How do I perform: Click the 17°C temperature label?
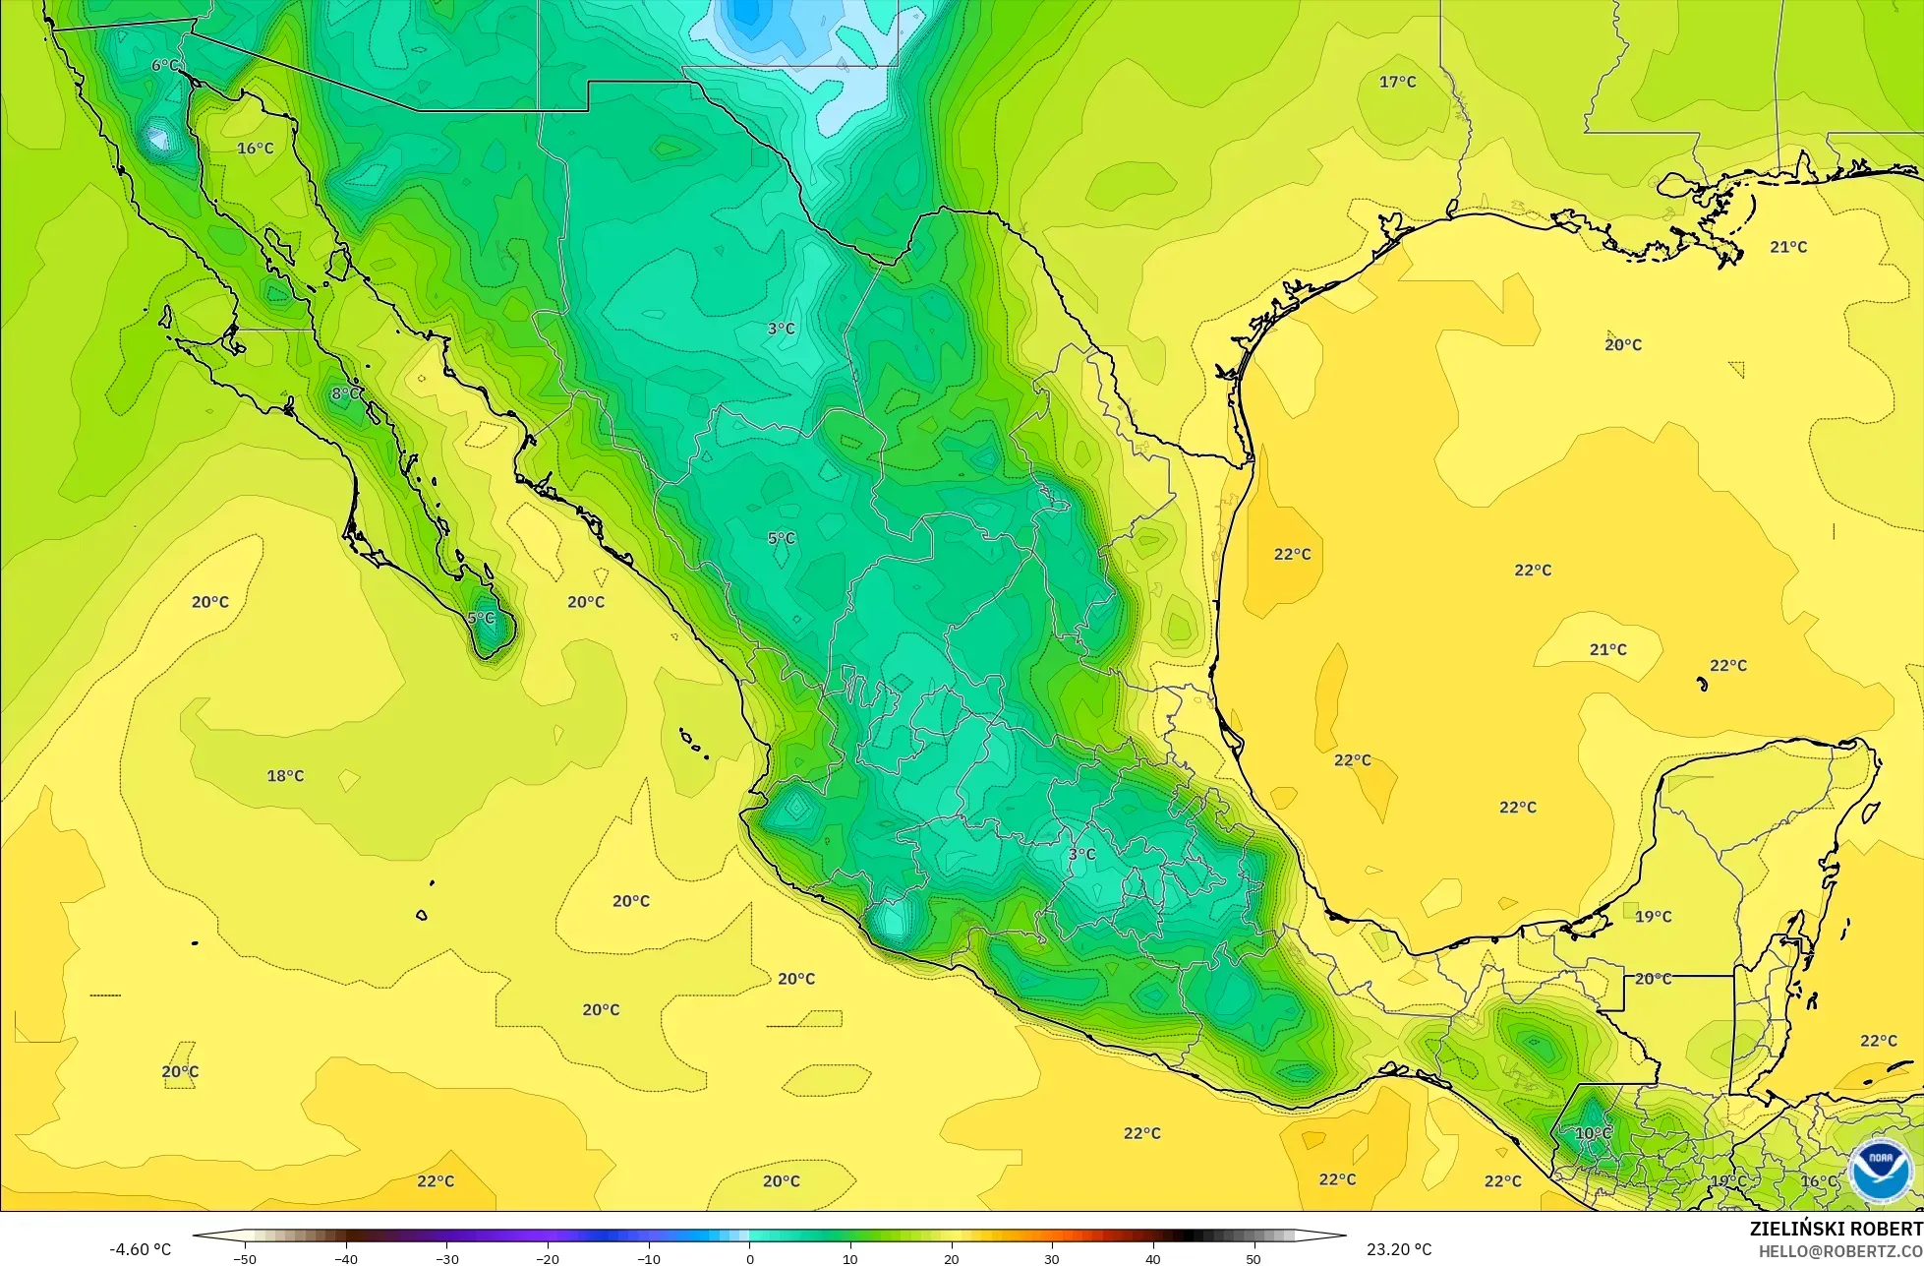pyautogui.click(x=1397, y=82)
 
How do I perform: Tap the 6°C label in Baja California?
pyautogui.click(x=165, y=66)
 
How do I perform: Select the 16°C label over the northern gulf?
pyautogui.click(x=256, y=149)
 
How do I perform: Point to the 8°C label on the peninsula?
pyautogui.click(x=345, y=393)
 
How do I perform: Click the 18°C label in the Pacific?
pyautogui.click(x=285, y=776)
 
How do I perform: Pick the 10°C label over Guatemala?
pyautogui.click(x=1593, y=1133)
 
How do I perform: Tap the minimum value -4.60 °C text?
pyautogui.click(x=140, y=1250)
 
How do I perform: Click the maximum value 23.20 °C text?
pyautogui.click(x=1399, y=1250)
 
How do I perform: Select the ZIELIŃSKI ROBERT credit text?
pyautogui.click(x=1836, y=1230)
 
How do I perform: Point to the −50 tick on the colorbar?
pyautogui.click(x=244, y=1258)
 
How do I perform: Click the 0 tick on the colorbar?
pyautogui.click(x=749, y=1258)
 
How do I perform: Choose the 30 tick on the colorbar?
pyautogui.click(x=1052, y=1258)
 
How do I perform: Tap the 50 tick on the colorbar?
pyautogui.click(x=1254, y=1258)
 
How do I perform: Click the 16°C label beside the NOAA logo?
pyautogui.click(x=1818, y=1181)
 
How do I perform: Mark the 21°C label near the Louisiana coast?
pyautogui.click(x=1788, y=247)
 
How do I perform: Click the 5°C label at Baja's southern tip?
pyautogui.click(x=481, y=619)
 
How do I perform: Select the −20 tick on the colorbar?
pyautogui.click(x=547, y=1258)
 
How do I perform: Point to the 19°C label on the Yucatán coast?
pyautogui.click(x=1653, y=917)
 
